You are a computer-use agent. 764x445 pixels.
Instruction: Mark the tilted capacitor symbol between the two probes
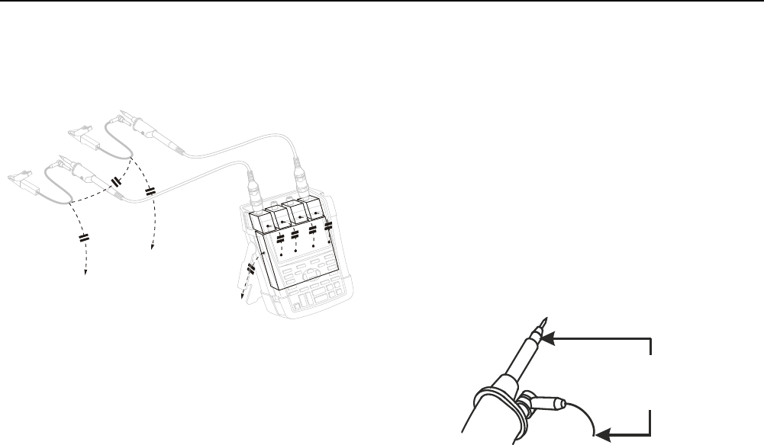tap(117, 181)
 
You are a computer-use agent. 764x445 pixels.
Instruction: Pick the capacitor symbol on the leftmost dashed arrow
tap(84, 238)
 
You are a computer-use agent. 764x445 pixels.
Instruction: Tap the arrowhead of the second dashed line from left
tap(152, 248)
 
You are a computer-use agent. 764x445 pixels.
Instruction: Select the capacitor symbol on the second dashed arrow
tap(150, 190)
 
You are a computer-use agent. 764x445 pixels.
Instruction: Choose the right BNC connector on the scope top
tap(298, 184)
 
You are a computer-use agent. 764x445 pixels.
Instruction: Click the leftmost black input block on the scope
tap(262, 222)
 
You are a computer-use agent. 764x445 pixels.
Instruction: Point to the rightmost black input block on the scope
tap(314, 211)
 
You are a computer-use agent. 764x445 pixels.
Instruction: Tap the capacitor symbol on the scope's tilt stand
tap(251, 269)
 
